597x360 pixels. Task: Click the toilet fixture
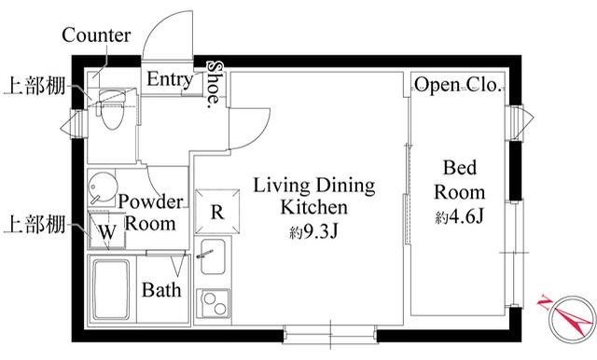(x=112, y=109)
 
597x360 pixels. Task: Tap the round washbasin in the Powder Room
(x=102, y=187)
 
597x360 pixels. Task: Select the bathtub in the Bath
(x=111, y=290)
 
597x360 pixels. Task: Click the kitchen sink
(x=213, y=256)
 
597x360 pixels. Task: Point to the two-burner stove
(x=213, y=303)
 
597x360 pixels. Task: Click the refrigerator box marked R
(x=217, y=211)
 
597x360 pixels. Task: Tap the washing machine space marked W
(x=106, y=230)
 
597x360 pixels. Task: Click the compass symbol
(x=568, y=319)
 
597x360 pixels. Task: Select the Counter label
(x=96, y=35)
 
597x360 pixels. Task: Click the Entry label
(x=170, y=79)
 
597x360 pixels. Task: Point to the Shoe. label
(x=215, y=84)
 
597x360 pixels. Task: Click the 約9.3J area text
(x=313, y=231)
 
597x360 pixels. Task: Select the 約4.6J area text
(x=459, y=217)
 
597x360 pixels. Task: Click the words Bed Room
(x=460, y=180)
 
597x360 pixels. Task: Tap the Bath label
(x=161, y=290)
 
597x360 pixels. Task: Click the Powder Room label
(x=150, y=213)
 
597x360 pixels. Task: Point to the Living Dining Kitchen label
(x=314, y=197)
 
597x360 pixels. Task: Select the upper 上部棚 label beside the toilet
(x=35, y=86)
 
